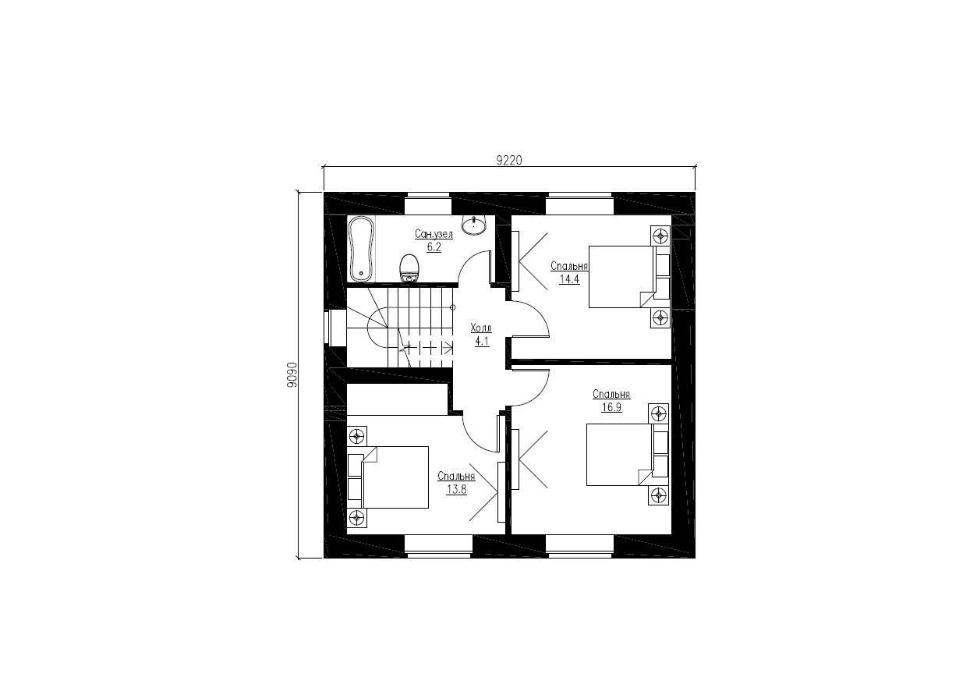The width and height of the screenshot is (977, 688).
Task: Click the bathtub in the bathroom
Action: [x=362, y=249]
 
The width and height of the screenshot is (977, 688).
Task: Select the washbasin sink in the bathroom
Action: [x=473, y=225]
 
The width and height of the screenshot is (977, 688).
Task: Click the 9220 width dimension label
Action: [x=509, y=161]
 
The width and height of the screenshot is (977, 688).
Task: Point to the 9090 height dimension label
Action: [x=292, y=374]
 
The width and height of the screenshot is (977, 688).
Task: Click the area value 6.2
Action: [x=434, y=247]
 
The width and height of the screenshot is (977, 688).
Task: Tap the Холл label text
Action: [x=481, y=328]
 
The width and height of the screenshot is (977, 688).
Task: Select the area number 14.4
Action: [x=569, y=278]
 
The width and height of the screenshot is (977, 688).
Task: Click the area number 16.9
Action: [x=611, y=407]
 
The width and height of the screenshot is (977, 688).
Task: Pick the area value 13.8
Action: [x=456, y=489]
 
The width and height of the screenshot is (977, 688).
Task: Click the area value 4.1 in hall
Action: [x=482, y=341]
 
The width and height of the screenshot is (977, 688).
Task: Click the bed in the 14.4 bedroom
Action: [x=629, y=277]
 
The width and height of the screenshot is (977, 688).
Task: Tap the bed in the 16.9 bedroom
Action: [x=627, y=454]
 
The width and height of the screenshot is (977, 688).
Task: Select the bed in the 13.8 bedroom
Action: [x=388, y=477]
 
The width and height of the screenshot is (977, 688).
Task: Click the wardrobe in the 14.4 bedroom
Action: [x=515, y=261]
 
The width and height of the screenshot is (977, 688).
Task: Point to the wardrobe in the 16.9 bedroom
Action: [x=515, y=459]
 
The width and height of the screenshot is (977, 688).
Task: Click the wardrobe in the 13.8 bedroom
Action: [x=501, y=491]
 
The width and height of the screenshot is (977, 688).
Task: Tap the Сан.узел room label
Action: [x=434, y=234]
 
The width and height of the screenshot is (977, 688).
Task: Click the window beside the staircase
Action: [x=335, y=327]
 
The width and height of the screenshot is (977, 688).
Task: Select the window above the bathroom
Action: [x=428, y=204]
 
